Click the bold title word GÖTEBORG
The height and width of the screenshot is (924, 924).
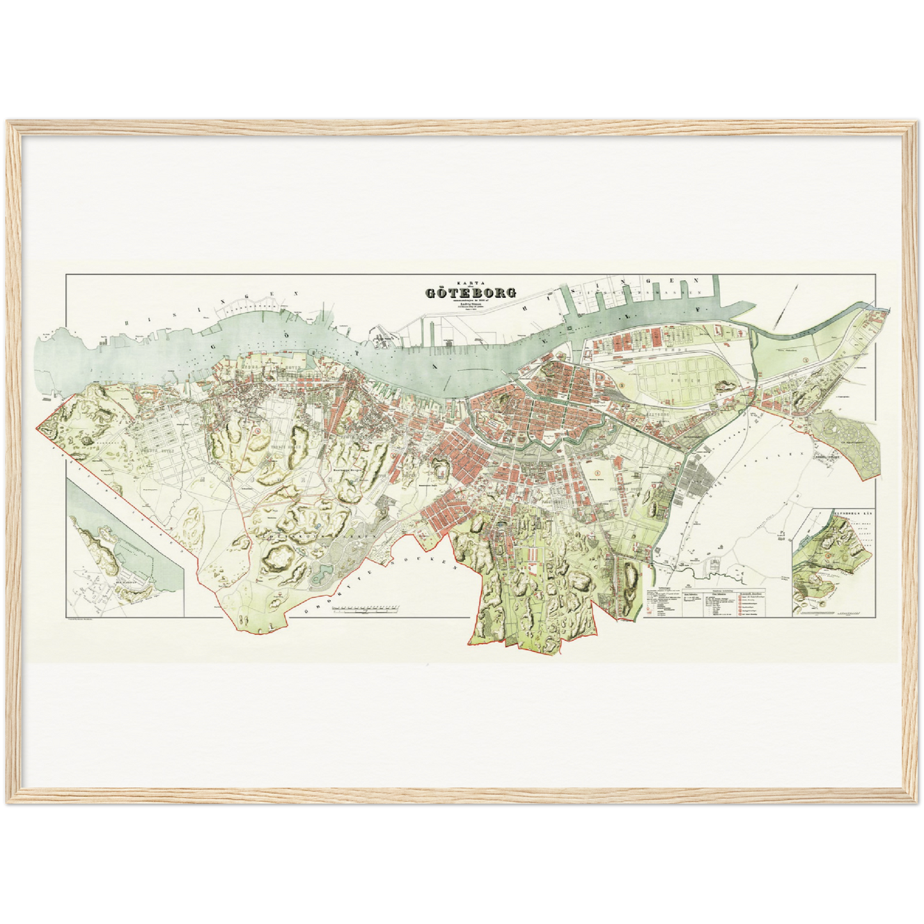click(471, 294)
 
